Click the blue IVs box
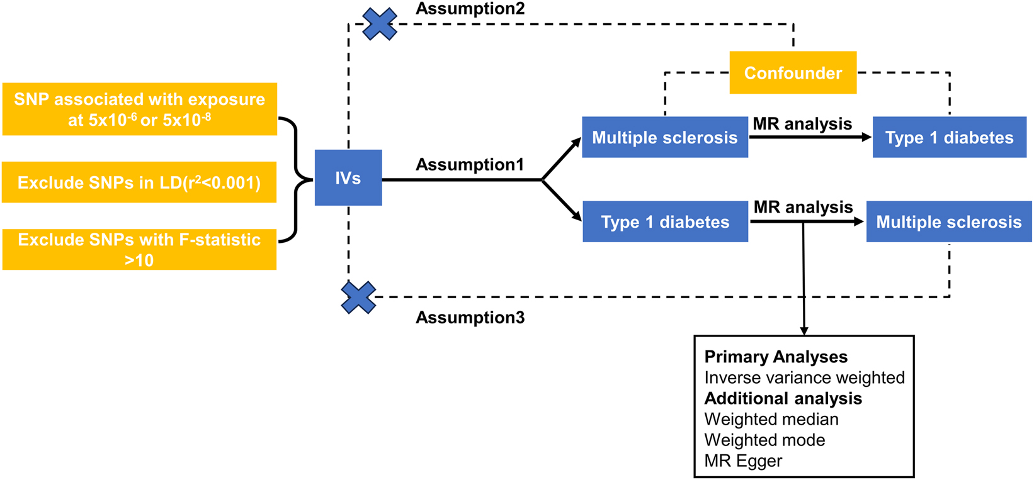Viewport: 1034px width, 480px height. [x=348, y=178]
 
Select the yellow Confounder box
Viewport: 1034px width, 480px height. [x=793, y=73]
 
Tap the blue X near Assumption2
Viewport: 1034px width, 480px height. [x=380, y=24]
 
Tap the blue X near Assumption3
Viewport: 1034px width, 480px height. [x=358, y=298]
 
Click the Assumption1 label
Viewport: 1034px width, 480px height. [x=470, y=165]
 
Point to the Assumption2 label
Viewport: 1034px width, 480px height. [x=470, y=9]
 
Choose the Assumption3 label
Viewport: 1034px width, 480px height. [x=470, y=318]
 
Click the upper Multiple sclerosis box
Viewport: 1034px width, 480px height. [x=664, y=138]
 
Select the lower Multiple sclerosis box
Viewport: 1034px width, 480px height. [x=948, y=222]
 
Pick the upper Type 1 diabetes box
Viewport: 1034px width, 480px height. [x=949, y=138]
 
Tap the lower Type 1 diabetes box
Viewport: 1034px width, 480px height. [x=665, y=222]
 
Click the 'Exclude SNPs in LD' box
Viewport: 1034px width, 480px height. [x=139, y=183]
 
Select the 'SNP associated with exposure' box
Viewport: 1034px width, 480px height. [x=139, y=109]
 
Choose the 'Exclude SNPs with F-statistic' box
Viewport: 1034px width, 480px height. [x=139, y=249]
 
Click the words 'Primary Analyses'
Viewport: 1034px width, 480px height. [x=776, y=357]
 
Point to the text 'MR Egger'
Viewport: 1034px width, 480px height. [x=743, y=461]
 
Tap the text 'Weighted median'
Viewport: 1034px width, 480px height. [x=771, y=419]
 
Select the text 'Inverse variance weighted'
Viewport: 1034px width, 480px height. [x=804, y=377]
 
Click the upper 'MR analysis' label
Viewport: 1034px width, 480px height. [x=802, y=124]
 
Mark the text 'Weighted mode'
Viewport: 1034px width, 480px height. [x=764, y=440]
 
